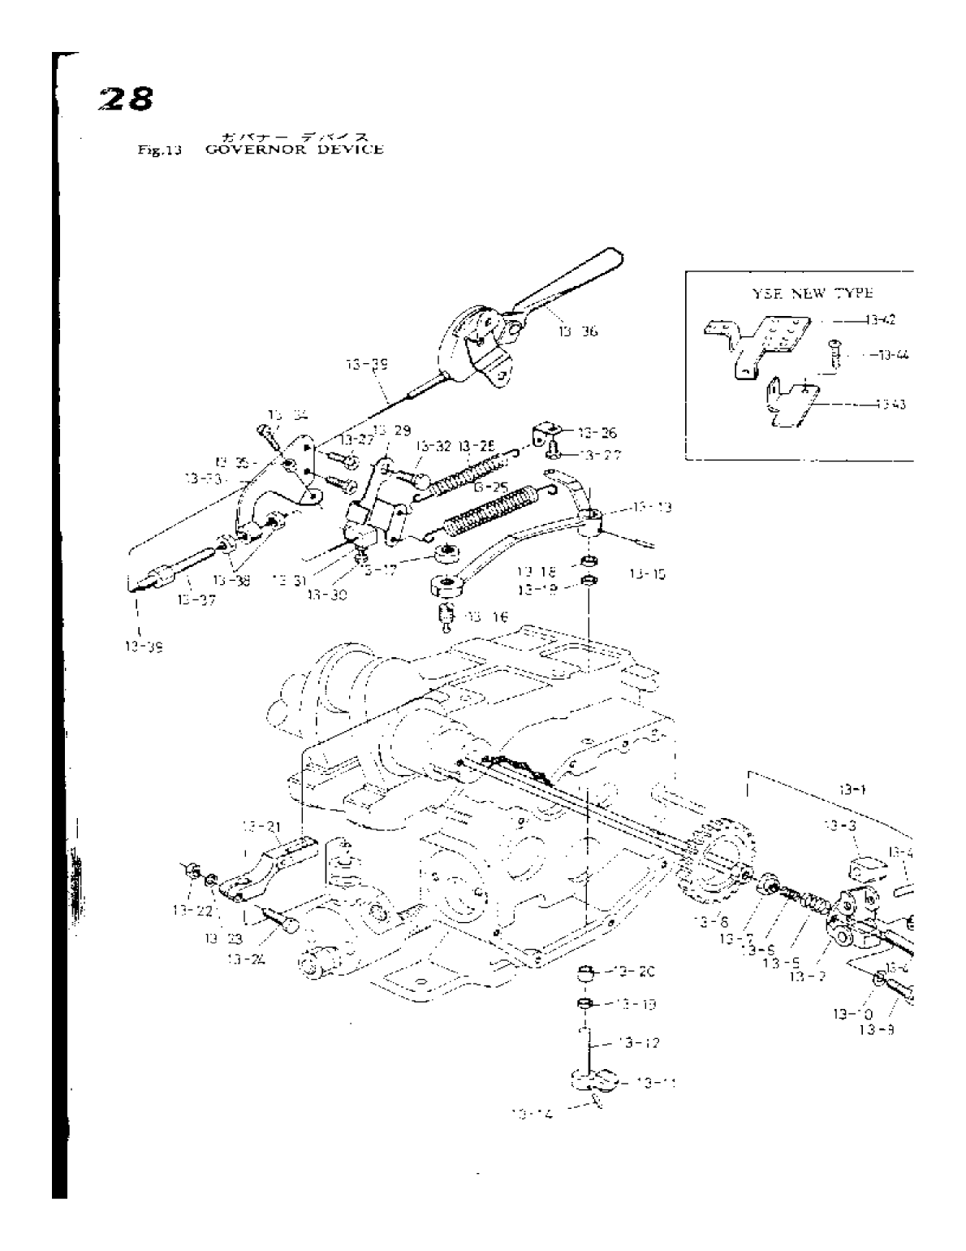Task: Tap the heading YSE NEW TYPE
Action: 803,293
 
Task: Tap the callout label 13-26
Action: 597,433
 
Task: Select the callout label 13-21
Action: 262,826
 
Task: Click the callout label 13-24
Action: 248,959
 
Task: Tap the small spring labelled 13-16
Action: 445,616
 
